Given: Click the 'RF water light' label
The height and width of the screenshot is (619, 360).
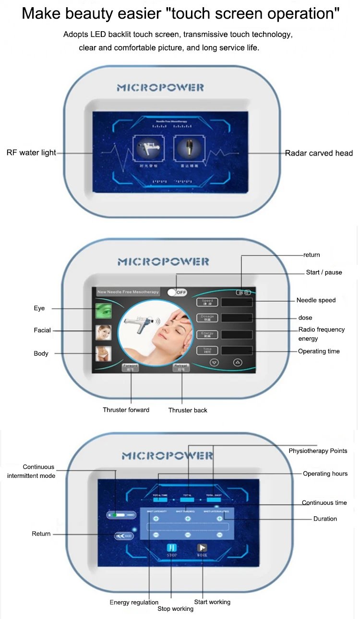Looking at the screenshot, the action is [x=31, y=153].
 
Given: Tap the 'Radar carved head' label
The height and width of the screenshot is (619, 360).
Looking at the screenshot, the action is [x=319, y=153].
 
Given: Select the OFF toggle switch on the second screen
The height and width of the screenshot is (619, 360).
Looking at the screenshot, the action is [x=177, y=292].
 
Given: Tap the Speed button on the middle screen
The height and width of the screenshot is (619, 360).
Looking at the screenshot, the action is [x=207, y=302].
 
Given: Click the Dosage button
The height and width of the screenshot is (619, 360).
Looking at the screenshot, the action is [x=207, y=318].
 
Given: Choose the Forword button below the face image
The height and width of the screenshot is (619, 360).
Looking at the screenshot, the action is [x=131, y=367].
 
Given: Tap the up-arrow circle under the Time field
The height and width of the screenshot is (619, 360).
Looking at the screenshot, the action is [x=237, y=362].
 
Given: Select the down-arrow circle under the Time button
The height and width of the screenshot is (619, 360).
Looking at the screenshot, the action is [x=215, y=362].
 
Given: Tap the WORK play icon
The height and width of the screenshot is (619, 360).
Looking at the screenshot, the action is [x=202, y=548].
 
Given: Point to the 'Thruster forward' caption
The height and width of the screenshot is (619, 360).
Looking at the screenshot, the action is [x=126, y=410].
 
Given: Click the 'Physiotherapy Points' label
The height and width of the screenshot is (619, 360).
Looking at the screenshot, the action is [x=318, y=451].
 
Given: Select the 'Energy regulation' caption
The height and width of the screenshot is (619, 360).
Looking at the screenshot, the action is [x=134, y=602].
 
